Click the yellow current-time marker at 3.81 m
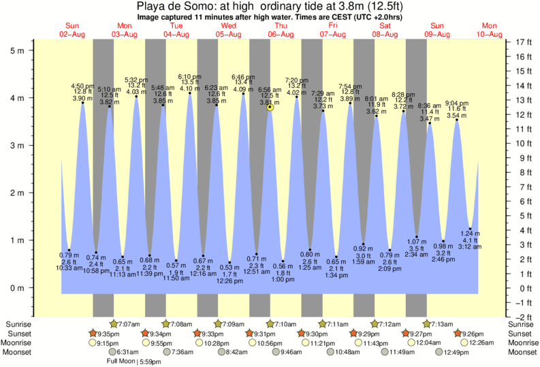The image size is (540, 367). [x=270, y=108]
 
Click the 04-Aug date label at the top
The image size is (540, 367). [x=176, y=34]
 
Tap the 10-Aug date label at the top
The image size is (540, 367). [x=490, y=34]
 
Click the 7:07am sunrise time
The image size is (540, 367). [x=129, y=324]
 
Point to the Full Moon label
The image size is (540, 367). [x=121, y=362]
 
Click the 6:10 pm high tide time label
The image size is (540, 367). [x=189, y=76]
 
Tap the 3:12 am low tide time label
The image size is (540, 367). [x=470, y=247]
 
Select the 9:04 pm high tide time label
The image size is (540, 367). [x=457, y=103]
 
